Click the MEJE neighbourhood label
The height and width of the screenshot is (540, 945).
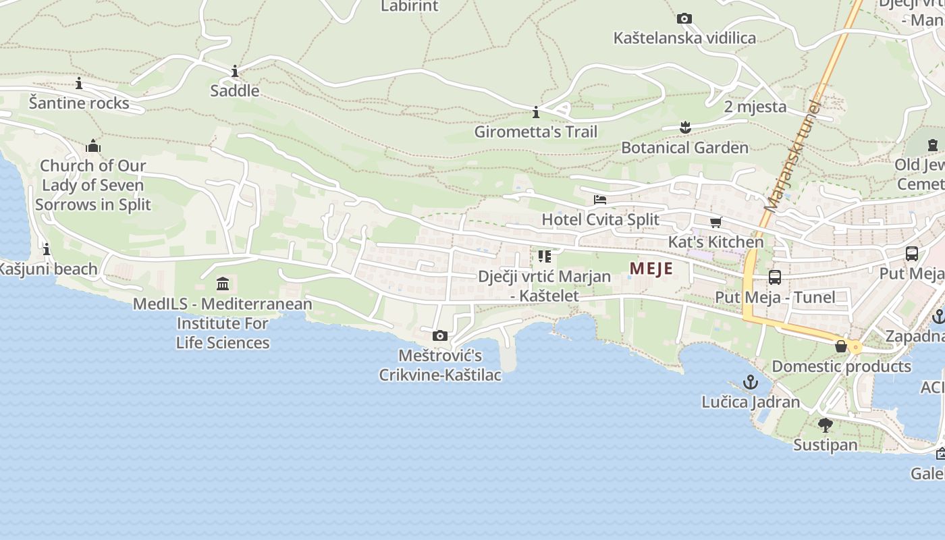(651, 269)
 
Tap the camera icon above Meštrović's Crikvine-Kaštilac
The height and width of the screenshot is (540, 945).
(439, 335)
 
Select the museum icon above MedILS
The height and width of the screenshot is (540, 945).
(223, 283)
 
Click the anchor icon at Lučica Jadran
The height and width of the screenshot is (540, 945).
(750, 383)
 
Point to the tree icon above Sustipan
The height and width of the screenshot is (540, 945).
(825, 425)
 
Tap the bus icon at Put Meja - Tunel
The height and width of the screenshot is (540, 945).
(774, 277)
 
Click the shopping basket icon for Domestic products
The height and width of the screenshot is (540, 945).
(841, 346)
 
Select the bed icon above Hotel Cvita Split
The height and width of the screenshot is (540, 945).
(599, 200)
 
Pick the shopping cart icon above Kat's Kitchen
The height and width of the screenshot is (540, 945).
(715, 222)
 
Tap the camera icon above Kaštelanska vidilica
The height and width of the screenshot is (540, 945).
(684, 18)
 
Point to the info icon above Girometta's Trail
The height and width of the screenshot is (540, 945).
(535, 112)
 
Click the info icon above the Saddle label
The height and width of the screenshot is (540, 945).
(234, 71)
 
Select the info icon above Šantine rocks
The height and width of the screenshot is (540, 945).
(79, 84)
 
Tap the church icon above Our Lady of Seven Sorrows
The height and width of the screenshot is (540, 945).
(93, 146)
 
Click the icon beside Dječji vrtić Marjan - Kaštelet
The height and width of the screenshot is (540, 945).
(544, 256)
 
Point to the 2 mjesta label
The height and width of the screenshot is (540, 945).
(755, 107)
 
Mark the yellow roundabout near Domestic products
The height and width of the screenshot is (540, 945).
(856, 348)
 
